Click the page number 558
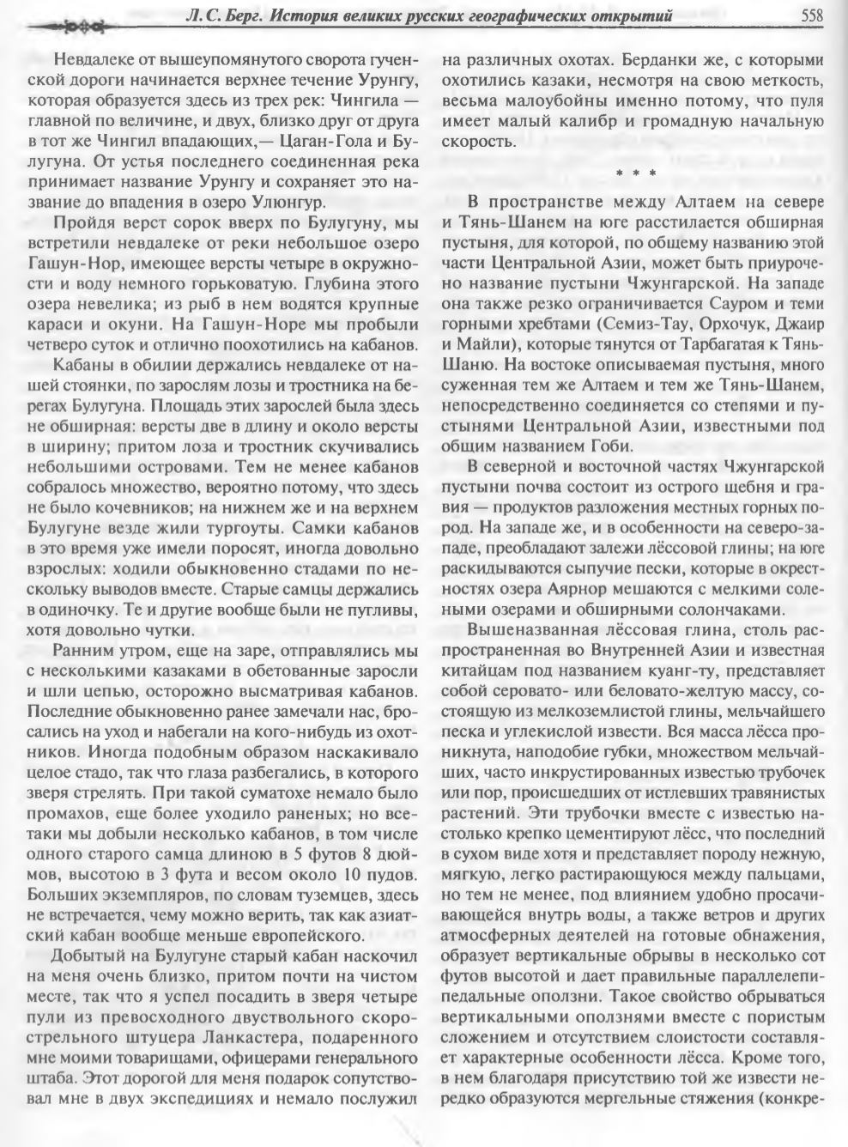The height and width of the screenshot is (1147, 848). tap(811, 14)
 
